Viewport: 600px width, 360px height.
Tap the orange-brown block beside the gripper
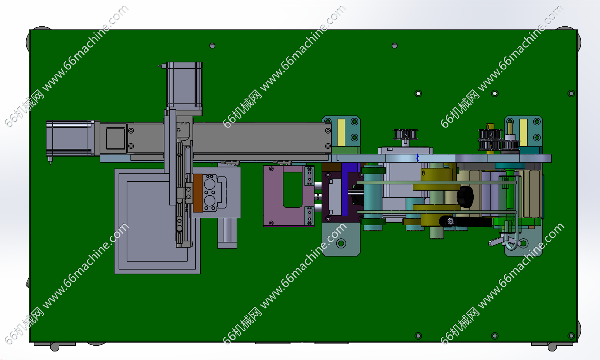[x=198, y=193]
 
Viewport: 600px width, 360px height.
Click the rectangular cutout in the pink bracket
[x=292, y=189]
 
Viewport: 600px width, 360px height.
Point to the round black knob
[x=466, y=197]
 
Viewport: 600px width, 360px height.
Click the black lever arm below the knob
[x=466, y=222]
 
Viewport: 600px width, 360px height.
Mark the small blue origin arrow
[x=418, y=158]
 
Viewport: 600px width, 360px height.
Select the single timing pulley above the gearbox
[x=406, y=134]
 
